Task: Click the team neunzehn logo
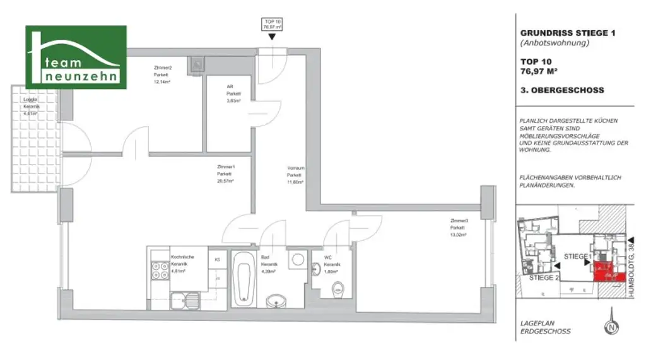[76, 57]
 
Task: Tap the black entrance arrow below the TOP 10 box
[271, 37]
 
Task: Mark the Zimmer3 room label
[459, 227]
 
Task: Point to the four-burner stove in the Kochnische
[158, 272]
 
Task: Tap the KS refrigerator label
[218, 259]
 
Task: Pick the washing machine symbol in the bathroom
[297, 260]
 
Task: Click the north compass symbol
[610, 327]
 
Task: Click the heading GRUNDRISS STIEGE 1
[567, 33]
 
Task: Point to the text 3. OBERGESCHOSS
[561, 90]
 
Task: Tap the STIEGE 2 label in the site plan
[544, 277]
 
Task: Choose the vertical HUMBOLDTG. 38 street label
[638, 271]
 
